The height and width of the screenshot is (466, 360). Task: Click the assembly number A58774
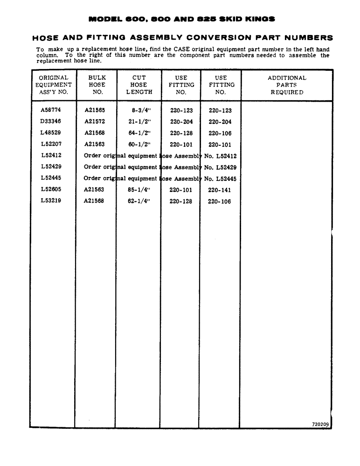click(51, 110)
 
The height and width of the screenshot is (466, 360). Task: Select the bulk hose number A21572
click(95, 122)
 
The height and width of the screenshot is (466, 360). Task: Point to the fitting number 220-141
click(220, 190)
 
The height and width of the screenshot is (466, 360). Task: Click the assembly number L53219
click(51, 201)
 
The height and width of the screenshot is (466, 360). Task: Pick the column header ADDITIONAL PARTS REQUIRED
click(287, 85)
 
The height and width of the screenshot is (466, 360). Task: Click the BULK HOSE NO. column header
click(97, 85)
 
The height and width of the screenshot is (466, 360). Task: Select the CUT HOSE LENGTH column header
click(139, 85)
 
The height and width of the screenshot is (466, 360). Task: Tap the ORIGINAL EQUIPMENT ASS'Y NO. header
click(54, 85)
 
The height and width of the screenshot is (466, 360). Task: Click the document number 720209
click(320, 424)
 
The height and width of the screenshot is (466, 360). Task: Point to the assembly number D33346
click(51, 122)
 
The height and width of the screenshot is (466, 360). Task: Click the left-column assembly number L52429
click(51, 167)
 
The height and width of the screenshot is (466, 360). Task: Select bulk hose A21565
click(95, 110)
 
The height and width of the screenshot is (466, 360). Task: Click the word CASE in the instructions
click(189, 49)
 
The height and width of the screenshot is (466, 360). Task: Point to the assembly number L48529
click(51, 133)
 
